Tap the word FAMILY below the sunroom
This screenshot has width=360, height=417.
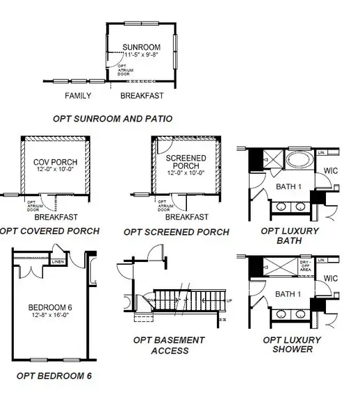tap(79, 95)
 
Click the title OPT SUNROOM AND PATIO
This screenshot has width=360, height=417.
tap(112, 119)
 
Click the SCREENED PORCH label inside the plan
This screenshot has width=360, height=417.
tap(186, 163)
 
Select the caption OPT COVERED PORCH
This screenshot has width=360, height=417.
tap(49, 231)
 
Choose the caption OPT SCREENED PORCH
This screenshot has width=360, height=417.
tap(176, 231)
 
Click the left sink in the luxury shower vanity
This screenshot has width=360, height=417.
tap(282, 315)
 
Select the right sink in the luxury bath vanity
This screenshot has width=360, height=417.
tap(301, 207)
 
